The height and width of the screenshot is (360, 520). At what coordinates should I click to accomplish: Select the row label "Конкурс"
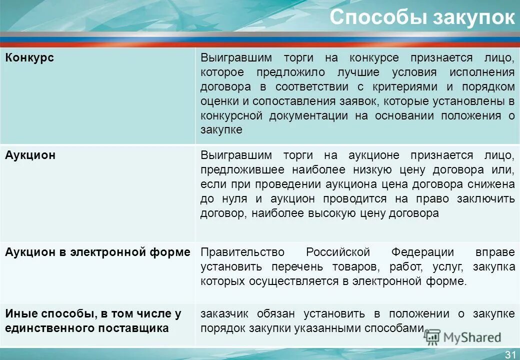tap(29, 58)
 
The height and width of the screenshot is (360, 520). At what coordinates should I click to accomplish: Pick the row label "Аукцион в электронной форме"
tap(98, 252)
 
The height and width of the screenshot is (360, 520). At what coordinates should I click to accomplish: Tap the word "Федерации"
tap(422, 252)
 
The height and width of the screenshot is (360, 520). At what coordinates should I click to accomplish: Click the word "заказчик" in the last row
tap(224, 314)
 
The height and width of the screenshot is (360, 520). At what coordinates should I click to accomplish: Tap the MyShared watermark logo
tap(462, 337)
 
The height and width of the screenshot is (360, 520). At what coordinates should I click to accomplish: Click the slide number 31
tap(510, 354)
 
